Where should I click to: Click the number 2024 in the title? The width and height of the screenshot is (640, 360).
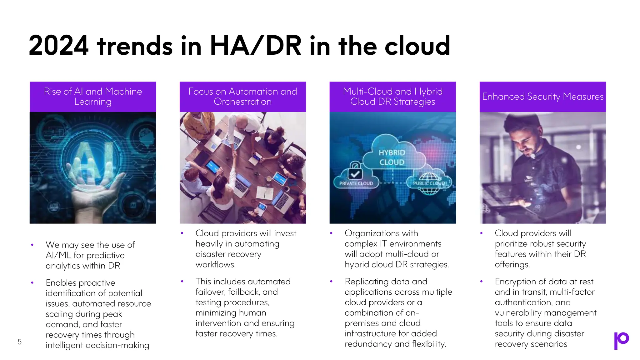pos(59,46)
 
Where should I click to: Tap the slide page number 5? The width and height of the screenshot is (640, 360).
pos(20,342)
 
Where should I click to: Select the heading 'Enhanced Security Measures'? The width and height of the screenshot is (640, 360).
pos(542,97)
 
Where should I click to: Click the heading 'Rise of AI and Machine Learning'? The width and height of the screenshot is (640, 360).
pos(93,96)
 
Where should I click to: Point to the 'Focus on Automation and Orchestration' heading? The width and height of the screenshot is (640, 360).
pos(242,96)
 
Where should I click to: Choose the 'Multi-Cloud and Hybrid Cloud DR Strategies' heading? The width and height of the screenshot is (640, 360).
pos(392,96)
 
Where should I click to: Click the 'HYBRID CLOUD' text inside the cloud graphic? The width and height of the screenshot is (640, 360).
pos(392,157)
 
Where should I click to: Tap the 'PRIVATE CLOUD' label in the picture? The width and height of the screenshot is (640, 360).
pos(356,183)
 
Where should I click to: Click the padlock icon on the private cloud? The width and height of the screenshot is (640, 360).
pos(355,170)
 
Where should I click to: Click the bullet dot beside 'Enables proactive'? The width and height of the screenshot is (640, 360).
pos(32,283)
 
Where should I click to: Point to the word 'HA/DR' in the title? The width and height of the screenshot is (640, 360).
pos(256,46)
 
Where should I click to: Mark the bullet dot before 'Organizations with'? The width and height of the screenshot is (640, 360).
pos(331,233)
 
